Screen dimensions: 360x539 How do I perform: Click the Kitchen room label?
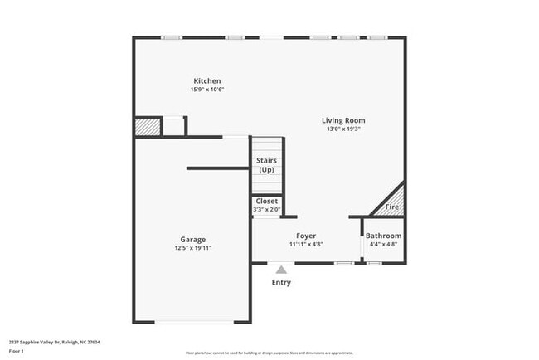tap(207, 80)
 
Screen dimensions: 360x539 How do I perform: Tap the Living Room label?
tap(343, 120)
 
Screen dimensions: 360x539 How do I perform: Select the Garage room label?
tap(193, 239)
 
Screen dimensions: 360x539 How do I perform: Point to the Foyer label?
tap(306, 236)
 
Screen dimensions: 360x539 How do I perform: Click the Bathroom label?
tap(383, 236)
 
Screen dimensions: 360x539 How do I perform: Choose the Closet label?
tap(267, 201)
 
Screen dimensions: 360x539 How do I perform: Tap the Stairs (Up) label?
tap(266, 165)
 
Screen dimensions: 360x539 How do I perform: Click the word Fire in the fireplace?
tap(392, 207)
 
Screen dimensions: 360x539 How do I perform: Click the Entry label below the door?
tap(281, 283)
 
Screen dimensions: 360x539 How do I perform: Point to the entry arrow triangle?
tap(281, 269)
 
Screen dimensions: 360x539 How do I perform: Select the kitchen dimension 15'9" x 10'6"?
tap(207, 90)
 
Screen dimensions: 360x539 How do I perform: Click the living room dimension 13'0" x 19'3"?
tap(343, 129)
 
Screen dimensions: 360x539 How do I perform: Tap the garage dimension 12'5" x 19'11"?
tap(193, 248)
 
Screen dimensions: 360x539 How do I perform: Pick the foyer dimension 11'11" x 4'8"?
tap(306, 245)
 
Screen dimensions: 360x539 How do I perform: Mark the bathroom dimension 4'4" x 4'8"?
tap(383, 245)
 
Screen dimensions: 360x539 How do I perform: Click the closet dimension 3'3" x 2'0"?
tap(267, 209)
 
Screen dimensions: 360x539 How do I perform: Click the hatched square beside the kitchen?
tap(146, 126)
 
